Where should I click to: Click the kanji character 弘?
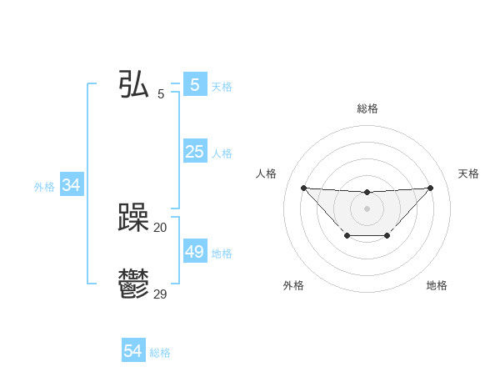coord(134,85)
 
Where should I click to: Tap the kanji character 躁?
coord(134,219)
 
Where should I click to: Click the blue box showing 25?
coord(194,152)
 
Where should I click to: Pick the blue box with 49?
coord(194,252)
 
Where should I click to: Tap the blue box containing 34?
coord(71,185)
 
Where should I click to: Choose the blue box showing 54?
coord(133,351)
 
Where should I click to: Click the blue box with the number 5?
coord(194,85)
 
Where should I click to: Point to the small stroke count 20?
coord(160,227)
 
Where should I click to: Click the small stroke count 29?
coord(160,294)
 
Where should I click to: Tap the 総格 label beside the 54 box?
coord(160,353)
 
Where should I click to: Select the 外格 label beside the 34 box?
coord(44,187)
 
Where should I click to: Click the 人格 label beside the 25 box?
coord(222,153)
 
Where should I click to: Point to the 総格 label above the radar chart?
coord(367,108)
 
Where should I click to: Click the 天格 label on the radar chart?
coord(468,173)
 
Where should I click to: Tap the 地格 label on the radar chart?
coord(437,285)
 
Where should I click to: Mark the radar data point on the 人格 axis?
coord(303,188)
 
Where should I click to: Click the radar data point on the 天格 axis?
coord(430,188)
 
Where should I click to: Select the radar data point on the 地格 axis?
coord(387,236)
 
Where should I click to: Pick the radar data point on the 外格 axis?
coord(347,236)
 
